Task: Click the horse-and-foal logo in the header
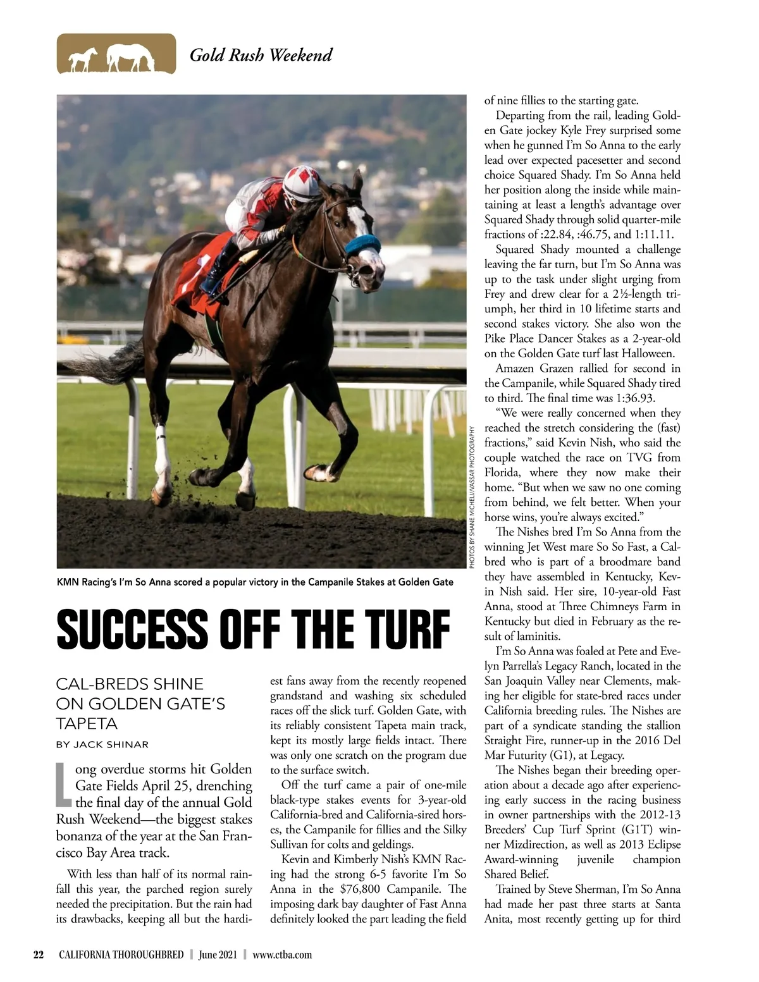point(116,54)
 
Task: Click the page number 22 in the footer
point(38,954)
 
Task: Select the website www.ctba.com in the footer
point(281,954)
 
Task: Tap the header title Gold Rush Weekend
point(261,55)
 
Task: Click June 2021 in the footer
point(218,954)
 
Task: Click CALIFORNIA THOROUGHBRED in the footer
point(121,954)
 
